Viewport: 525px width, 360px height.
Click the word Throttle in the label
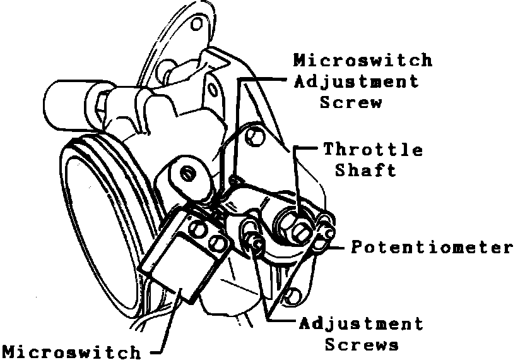[373, 150]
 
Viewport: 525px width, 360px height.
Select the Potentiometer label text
[432, 247]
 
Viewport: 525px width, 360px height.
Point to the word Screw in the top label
[351, 102]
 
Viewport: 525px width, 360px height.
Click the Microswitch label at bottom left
[71, 351]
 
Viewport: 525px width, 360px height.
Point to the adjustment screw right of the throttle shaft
[326, 222]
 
